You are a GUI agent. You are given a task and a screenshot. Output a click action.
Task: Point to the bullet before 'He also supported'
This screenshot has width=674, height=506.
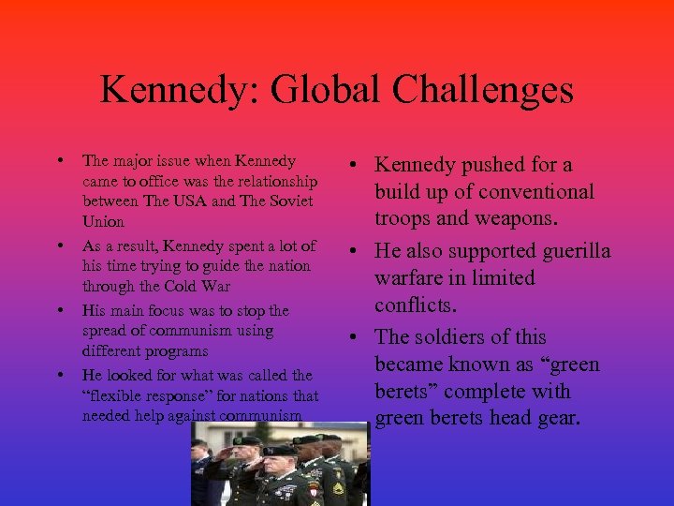[359, 251]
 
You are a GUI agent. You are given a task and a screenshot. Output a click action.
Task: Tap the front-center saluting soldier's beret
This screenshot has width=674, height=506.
[278, 450]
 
